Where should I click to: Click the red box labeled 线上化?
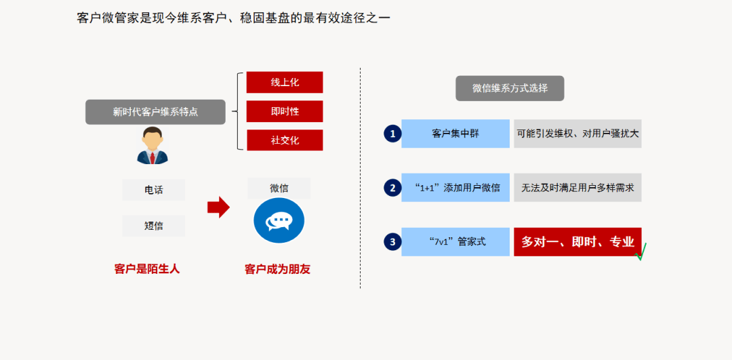click(x=285, y=83)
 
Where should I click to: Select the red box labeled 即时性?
click(x=285, y=112)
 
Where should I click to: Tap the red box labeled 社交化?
click(x=285, y=140)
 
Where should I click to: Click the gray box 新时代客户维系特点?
click(x=155, y=112)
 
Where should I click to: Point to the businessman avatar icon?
click(x=152, y=145)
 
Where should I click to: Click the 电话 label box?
click(x=154, y=190)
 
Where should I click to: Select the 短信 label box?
click(x=154, y=226)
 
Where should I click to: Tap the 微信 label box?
click(x=279, y=188)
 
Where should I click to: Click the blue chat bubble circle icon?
click(x=279, y=220)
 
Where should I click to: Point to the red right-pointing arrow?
click(x=218, y=207)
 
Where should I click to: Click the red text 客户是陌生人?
click(x=147, y=269)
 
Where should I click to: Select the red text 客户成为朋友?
click(x=277, y=269)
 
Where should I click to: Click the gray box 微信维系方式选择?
click(x=510, y=88)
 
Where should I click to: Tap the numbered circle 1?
click(x=392, y=134)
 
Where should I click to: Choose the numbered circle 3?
click(x=392, y=242)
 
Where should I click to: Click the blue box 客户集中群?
click(x=455, y=134)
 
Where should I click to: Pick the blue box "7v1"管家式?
click(x=455, y=242)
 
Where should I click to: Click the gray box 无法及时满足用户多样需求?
click(x=577, y=188)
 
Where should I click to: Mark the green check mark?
click(x=640, y=252)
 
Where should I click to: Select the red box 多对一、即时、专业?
click(x=577, y=242)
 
